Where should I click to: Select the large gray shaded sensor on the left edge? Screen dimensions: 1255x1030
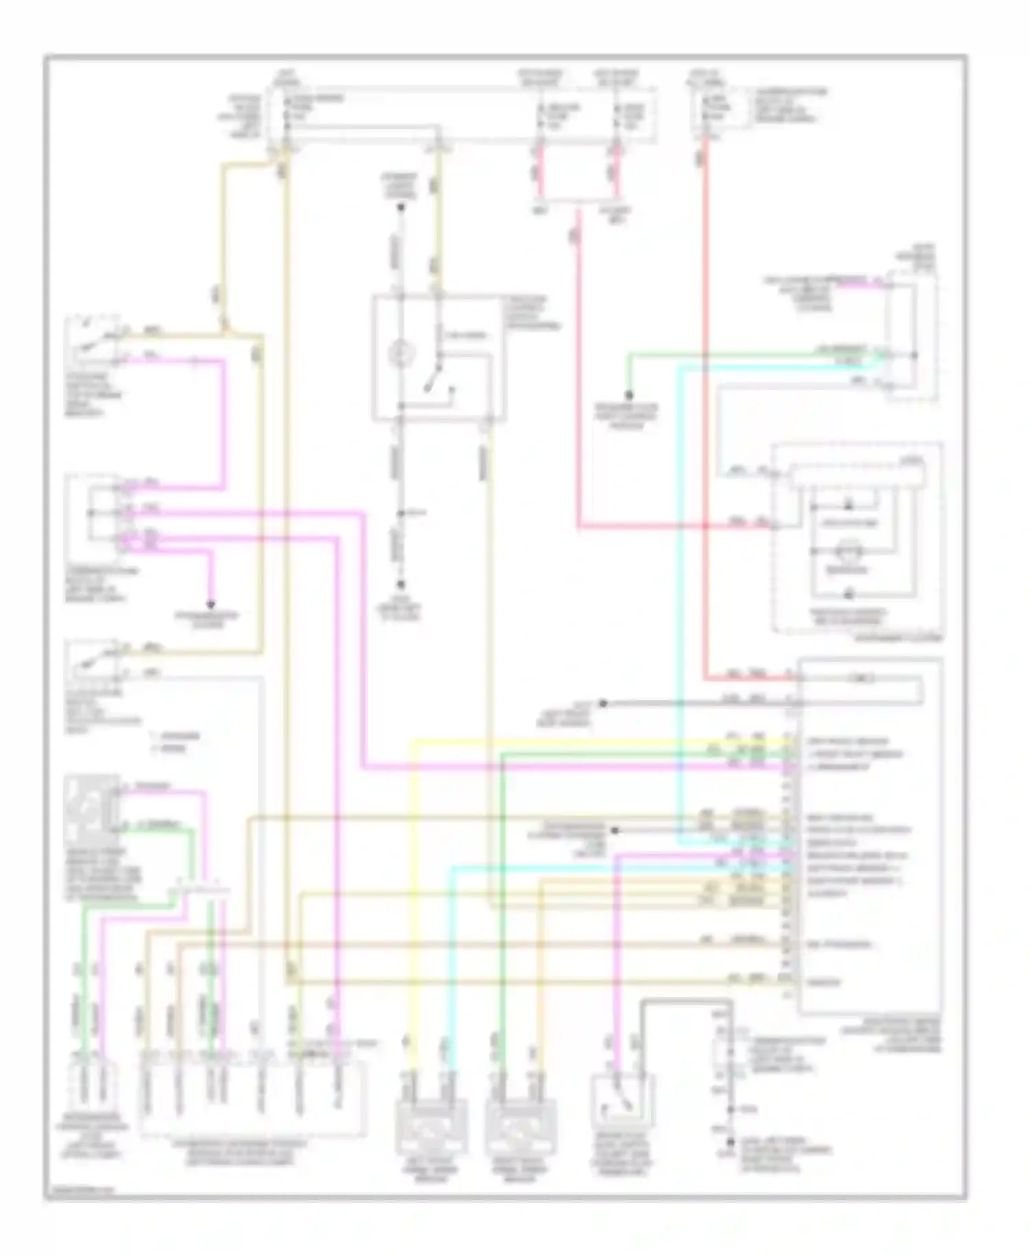coord(91,811)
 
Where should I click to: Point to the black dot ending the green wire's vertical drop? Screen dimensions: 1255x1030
coord(628,395)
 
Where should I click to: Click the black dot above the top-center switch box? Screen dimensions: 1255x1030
coord(402,207)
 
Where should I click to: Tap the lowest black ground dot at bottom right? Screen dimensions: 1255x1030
coord(731,1143)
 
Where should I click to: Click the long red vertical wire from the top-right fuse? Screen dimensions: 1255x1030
coord(705,412)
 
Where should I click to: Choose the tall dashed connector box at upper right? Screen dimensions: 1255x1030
coord(911,336)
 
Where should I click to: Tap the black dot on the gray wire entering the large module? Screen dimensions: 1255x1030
coord(604,703)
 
